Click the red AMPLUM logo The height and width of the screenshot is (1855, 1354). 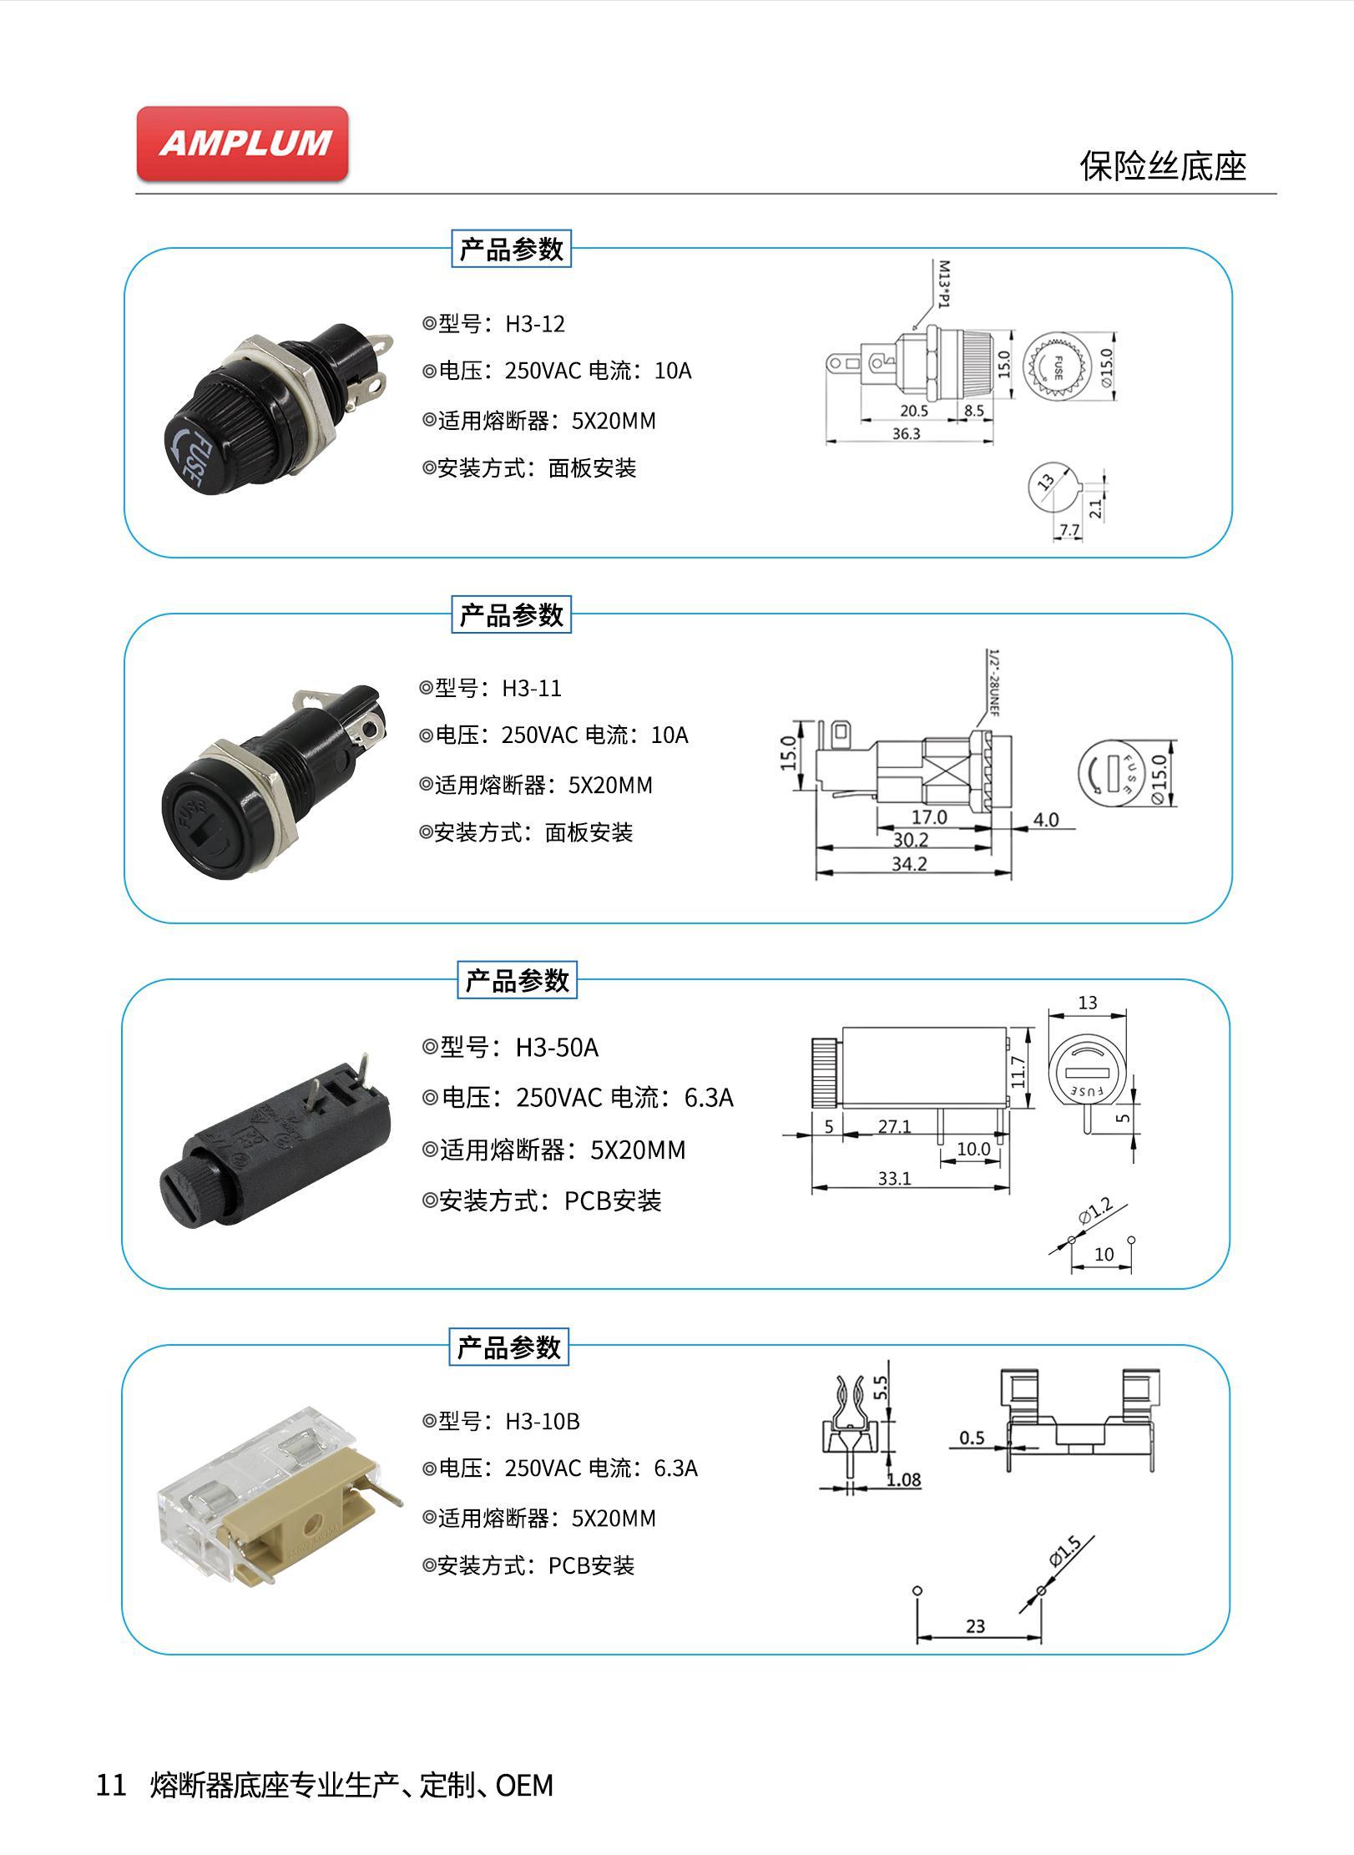242,143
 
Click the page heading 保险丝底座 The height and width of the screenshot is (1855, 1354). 1162,166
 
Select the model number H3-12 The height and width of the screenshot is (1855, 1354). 535,324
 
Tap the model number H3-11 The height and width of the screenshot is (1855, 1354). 532,689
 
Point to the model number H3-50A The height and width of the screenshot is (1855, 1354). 557,1047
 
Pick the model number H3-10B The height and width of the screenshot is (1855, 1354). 543,1421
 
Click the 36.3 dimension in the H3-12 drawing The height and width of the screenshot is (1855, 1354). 906,434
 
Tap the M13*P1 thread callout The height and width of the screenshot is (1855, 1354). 944,284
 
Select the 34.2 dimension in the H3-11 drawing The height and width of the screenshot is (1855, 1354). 909,864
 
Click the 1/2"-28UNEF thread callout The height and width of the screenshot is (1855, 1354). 993,683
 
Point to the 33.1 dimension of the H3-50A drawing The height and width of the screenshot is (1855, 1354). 894,1178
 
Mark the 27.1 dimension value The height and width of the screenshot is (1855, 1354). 894,1126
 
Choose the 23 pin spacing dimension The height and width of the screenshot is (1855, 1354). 975,1626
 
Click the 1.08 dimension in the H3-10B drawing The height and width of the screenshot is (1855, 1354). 903,1480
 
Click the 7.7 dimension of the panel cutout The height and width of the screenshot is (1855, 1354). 1069,530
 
